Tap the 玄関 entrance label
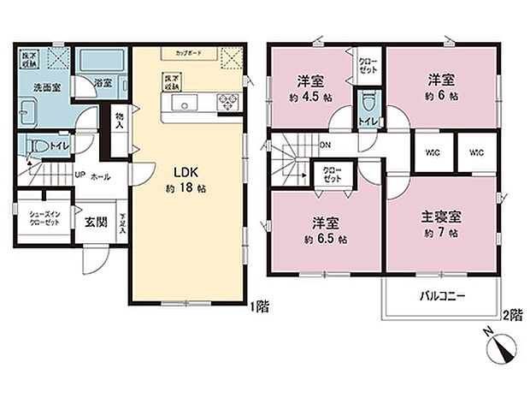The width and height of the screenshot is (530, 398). pyautogui.click(x=94, y=221)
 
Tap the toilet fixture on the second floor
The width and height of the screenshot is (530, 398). pyautogui.click(x=368, y=107)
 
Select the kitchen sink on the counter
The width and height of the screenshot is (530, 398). pyautogui.click(x=184, y=103)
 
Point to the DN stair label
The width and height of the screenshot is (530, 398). pyautogui.click(x=326, y=146)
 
